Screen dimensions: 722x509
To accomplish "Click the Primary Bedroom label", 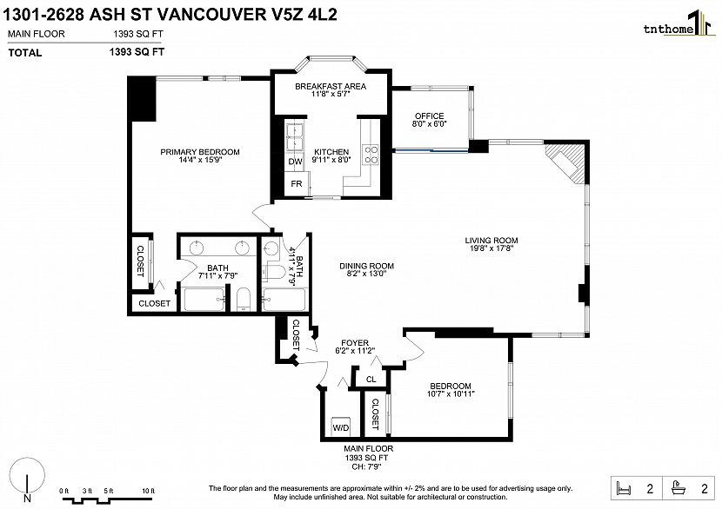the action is [x=200, y=152].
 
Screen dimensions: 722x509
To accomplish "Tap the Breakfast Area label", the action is [x=331, y=86].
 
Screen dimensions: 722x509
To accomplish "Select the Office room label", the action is [x=429, y=116].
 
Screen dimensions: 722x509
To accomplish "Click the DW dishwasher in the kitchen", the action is [x=295, y=162].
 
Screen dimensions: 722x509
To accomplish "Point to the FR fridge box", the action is [x=297, y=184].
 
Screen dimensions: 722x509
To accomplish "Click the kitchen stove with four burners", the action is [x=371, y=155].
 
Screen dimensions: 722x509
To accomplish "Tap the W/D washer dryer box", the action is [x=341, y=427].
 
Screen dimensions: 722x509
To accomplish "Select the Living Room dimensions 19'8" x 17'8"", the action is [x=491, y=248].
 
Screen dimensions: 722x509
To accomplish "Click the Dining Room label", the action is [x=366, y=266].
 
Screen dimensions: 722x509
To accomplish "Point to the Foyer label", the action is [x=355, y=343].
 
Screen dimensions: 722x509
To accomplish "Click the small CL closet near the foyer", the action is [x=371, y=379].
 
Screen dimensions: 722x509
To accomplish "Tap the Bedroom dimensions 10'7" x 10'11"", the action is [x=451, y=393].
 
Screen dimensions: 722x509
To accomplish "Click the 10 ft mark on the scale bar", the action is [x=148, y=491].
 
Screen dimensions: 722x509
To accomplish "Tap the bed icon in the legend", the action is [x=624, y=488].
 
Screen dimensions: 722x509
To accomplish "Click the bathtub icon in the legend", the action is [x=679, y=488].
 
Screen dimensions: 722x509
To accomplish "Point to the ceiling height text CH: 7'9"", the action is [x=366, y=466].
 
